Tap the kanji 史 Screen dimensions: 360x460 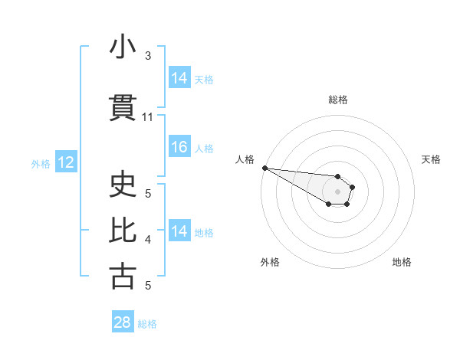(123, 185)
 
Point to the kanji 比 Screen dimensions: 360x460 (123, 231)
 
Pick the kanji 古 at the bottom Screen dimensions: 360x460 (123, 276)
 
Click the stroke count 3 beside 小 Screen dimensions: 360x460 (148, 56)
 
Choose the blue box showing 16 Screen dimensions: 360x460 (179, 147)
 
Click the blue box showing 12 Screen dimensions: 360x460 (65, 162)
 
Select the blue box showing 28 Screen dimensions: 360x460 (122, 322)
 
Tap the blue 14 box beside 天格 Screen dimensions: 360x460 (179, 78)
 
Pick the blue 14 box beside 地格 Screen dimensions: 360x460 (179, 231)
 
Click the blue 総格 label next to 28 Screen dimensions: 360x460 (147, 324)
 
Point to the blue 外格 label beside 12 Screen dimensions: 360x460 (41, 163)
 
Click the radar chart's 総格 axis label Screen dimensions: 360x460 (337, 100)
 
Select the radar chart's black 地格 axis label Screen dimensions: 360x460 (402, 262)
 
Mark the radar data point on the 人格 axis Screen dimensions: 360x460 (264, 168)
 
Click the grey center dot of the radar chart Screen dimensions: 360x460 (337, 191)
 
